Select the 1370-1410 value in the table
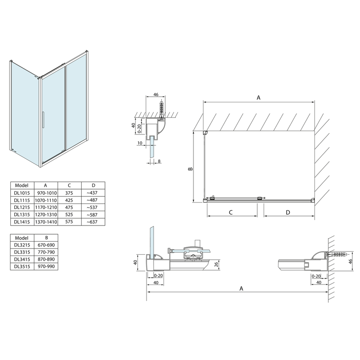coord(46,222)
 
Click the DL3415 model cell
coord(21,259)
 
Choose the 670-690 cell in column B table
coord(46,245)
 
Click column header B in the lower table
coord(46,238)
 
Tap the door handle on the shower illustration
coord(43,120)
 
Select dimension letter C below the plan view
coord(231,212)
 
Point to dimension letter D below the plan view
coord(288,212)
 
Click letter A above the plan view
coord(259,98)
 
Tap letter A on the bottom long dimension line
coord(242,288)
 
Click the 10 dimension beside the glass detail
coord(139,142)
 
